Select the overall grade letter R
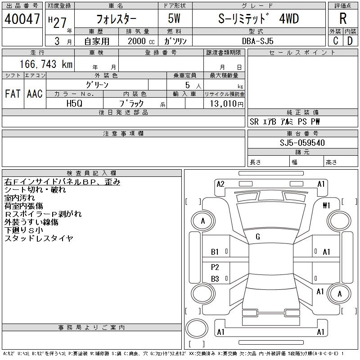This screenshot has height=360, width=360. click(x=343, y=19)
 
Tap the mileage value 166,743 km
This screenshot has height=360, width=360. click(x=45, y=64)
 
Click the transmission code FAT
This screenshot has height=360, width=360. click(x=12, y=94)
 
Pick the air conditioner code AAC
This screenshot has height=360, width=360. click(x=35, y=94)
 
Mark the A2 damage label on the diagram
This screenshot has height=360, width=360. click(x=220, y=184)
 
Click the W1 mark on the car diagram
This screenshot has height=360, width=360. click(x=326, y=206)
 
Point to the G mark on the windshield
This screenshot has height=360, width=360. click(x=258, y=237)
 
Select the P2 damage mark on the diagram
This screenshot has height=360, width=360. click(x=215, y=267)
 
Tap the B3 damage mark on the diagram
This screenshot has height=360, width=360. click(x=215, y=279)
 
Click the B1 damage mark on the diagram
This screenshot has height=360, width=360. click(x=215, y=252)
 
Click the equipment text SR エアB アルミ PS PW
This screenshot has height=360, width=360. click(x=285, y=122)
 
